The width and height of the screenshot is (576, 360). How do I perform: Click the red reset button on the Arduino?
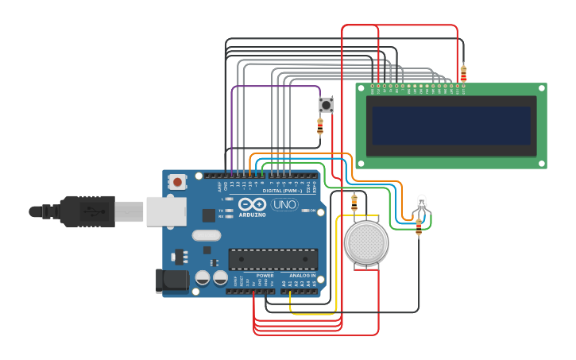coord(176,183)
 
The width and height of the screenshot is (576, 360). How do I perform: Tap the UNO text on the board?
coord(284,205)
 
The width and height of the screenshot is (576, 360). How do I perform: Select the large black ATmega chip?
coord(273,259)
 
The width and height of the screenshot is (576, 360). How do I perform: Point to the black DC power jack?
coord(174,280)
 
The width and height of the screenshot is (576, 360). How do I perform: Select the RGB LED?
coord(422,203)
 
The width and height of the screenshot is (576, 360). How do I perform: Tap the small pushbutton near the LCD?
coord(326,104)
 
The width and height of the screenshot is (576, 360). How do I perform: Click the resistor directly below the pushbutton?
coord(320,126)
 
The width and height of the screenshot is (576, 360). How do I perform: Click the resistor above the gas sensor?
coord(354,201)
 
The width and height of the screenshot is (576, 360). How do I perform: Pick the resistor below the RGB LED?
coord(419,227)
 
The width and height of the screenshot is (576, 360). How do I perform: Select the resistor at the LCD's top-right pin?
coord(463,74)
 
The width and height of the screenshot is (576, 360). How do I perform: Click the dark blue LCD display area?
coord(450,126)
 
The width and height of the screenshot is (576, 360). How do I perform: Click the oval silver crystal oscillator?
coord(206,235)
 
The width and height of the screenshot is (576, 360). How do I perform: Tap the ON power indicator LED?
coord(304,211)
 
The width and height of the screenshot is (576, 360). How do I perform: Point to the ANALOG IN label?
coord(302,275)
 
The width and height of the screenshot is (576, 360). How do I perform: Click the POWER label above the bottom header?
coord(265,275)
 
